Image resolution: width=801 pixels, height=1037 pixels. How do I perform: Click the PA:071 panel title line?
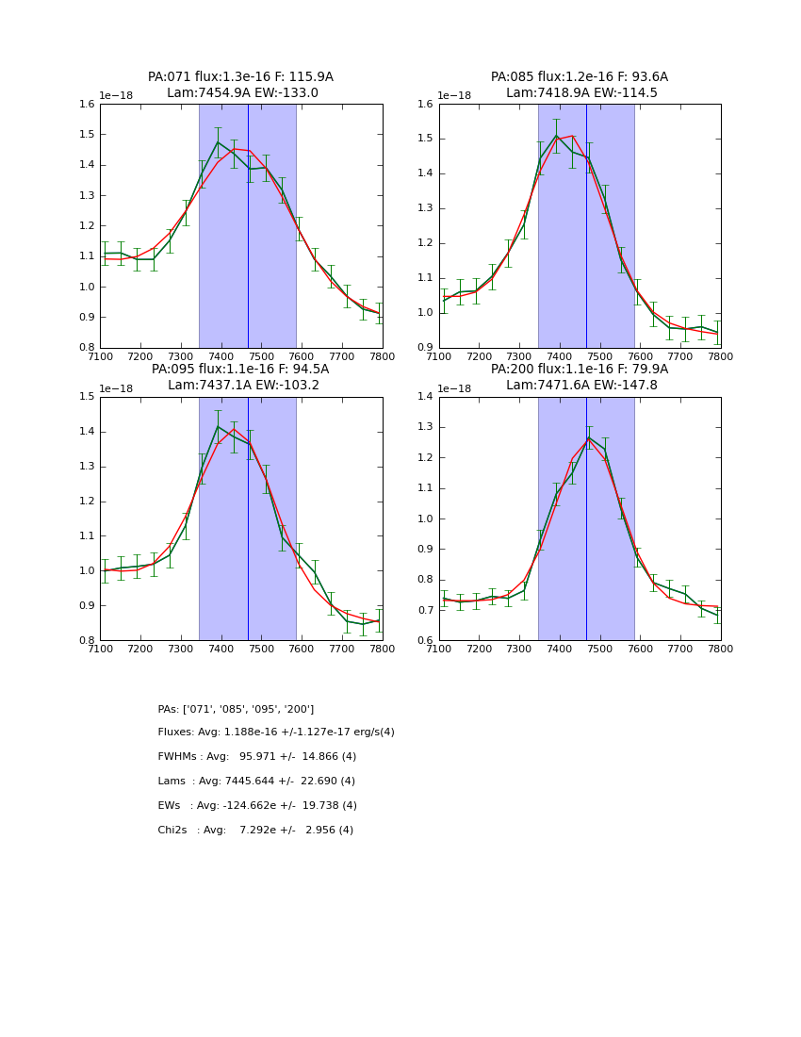[240, 77]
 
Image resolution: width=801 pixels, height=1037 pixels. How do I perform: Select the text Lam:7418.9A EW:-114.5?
[580, 93]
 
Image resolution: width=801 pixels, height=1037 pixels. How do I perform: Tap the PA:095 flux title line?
[240, 370]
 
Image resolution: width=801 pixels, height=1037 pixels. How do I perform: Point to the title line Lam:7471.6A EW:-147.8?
[580, 386]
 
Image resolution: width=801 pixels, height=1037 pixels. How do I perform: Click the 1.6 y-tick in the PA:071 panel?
[86, 105]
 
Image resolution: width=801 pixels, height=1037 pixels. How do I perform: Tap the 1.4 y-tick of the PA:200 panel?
[425, 397]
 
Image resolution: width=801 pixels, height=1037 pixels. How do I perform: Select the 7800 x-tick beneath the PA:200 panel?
[720, 649]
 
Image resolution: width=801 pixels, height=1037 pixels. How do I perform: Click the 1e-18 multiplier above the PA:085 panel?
[454, 96]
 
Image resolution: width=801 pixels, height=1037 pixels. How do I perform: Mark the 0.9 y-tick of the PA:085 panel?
[425, 348]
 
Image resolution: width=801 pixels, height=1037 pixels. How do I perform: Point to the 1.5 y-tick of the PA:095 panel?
[86, 397]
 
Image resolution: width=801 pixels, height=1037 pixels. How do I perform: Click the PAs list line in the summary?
[236, 709]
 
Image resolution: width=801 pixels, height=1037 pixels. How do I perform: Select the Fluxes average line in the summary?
[276, 732]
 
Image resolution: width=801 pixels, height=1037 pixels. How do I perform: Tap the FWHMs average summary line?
[257, 757]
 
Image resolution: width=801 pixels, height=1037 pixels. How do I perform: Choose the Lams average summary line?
[256, 782]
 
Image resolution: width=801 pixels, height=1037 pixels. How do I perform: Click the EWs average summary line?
[257, 806]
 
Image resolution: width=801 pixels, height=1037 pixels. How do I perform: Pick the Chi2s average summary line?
[255, 831]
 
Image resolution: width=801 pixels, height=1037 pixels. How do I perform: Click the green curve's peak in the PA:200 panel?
[589, 437]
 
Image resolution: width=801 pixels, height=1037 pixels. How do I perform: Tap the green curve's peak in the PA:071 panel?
[218, 142]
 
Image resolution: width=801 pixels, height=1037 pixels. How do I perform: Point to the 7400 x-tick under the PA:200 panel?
[559, 649]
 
